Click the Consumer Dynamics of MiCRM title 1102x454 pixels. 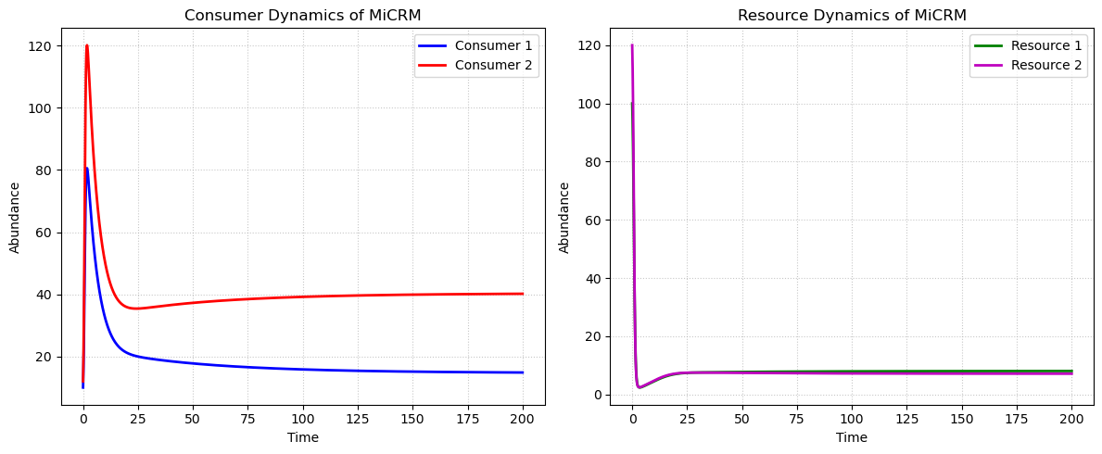(303, 15)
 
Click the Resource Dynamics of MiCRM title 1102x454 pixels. (852, 15)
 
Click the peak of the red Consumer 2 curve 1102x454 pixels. (87, 45)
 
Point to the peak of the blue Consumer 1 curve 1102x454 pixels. (87, 168)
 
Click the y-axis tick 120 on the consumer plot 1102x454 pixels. (44, 46)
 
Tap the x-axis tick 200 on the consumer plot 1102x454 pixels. (523, 420)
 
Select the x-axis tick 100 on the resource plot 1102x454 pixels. (852, 420)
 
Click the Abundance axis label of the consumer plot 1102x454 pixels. (15, 217)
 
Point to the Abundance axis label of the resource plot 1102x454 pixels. (564, 217)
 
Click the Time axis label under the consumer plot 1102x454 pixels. (303, 437)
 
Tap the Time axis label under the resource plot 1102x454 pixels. (852, 437)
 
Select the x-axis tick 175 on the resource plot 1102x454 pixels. (1017, 420)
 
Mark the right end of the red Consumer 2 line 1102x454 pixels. (523, 294)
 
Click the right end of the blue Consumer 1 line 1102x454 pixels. (523, 372)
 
